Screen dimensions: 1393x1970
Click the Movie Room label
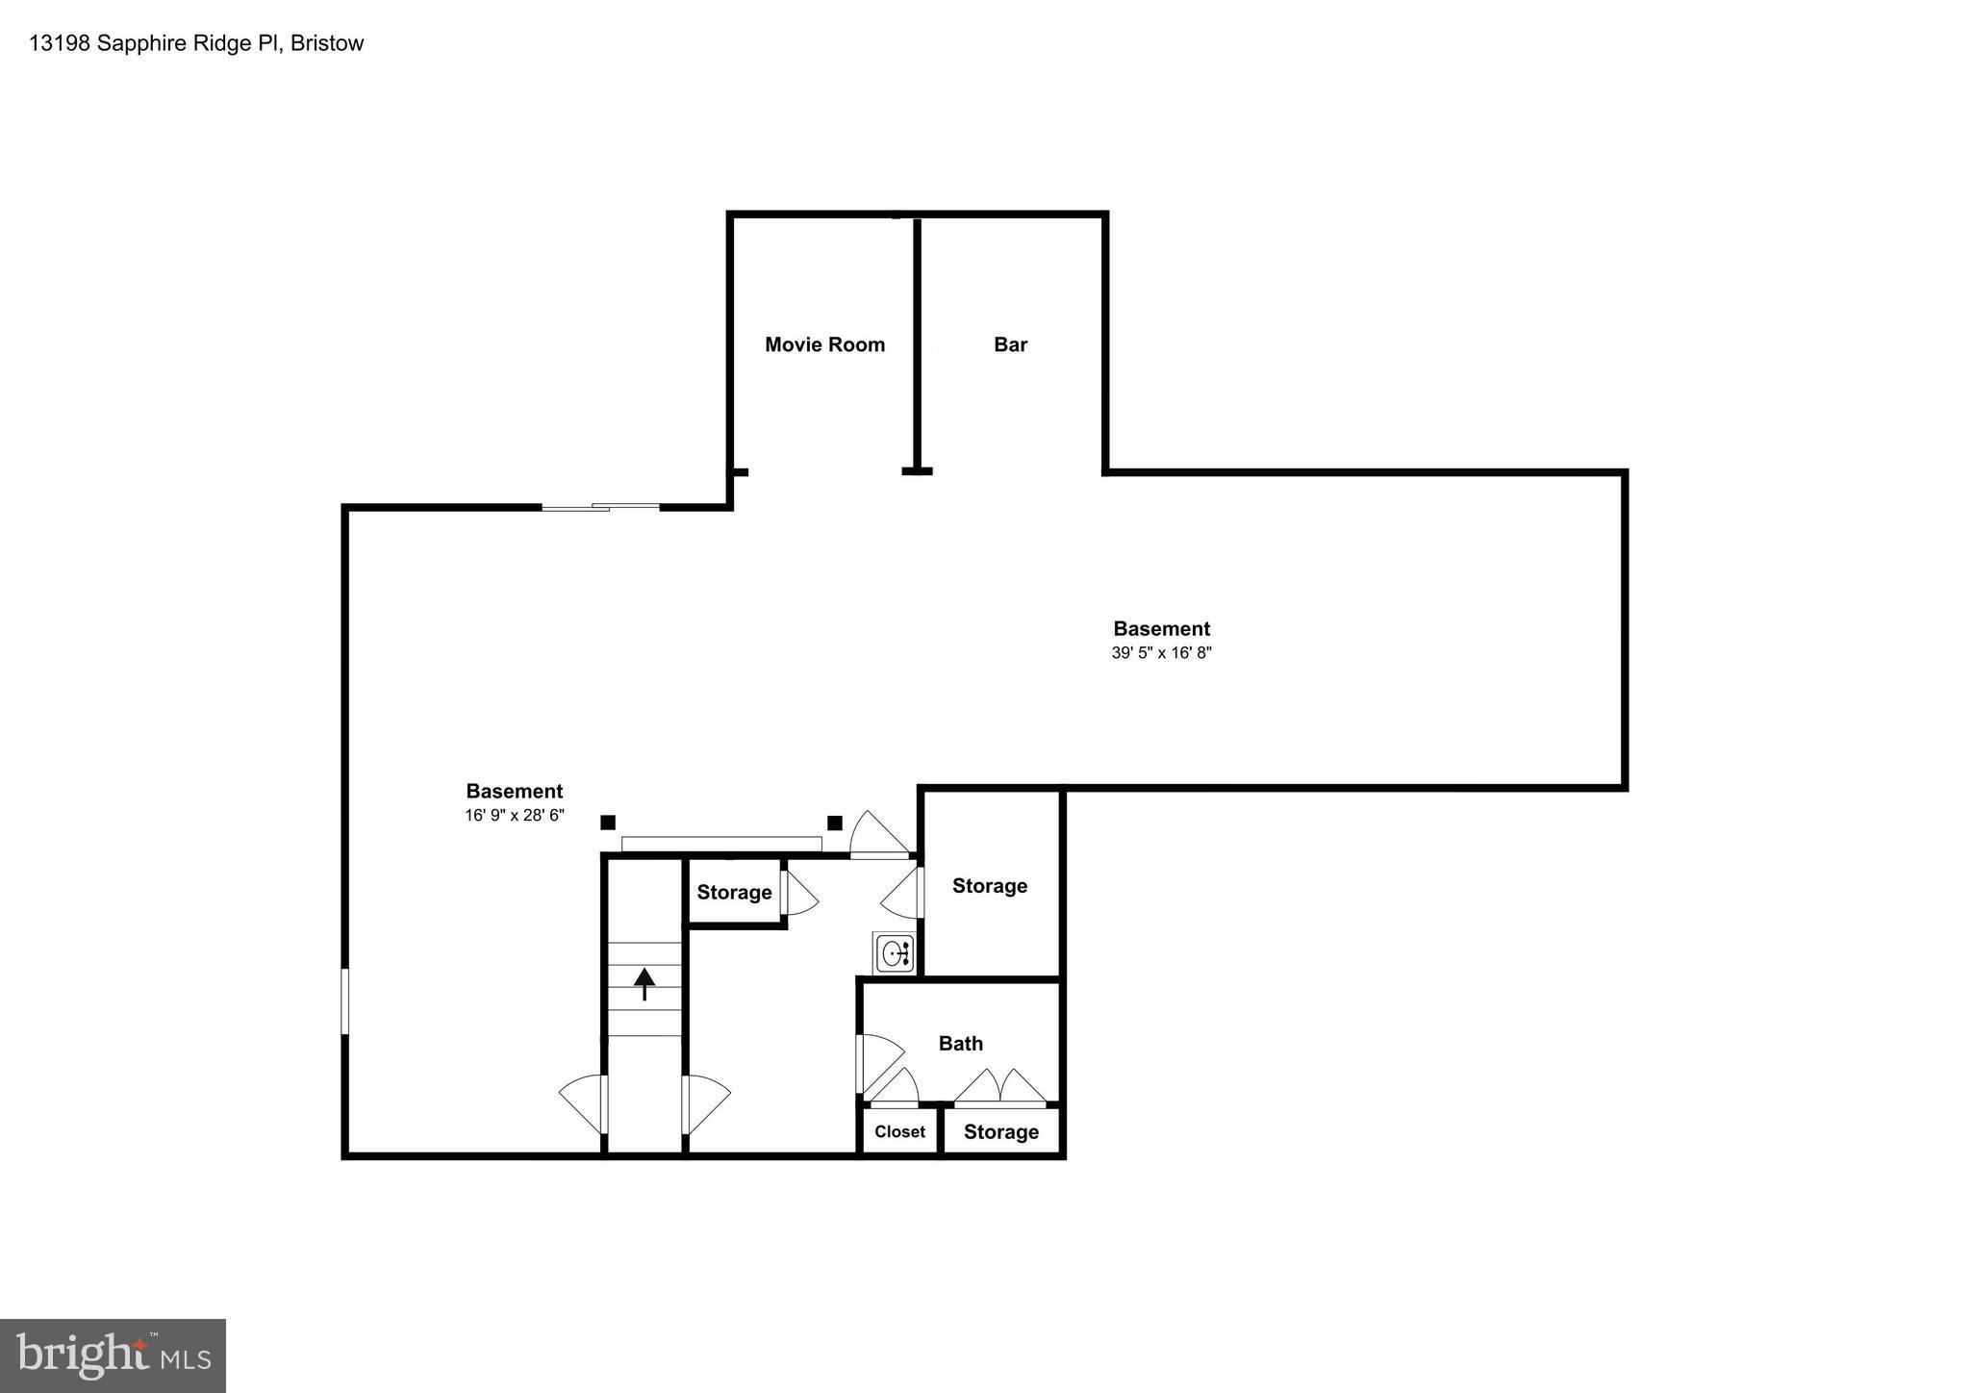pos(824,344)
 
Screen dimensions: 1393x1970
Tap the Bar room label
pos(1010,344)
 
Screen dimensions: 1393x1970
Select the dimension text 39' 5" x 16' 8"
pos(1161,653)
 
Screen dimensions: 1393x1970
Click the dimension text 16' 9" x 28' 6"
pos(514,816)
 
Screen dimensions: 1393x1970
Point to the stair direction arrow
pos(644,983)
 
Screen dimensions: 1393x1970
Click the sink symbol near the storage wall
pos(894,954)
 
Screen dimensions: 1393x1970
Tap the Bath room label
pos(960,1044)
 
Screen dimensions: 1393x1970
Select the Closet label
pos(899,1132)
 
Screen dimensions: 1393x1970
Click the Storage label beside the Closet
pos(1000,1132)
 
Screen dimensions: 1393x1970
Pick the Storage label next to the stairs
pos(734,893)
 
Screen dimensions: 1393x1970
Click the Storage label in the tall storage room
pos(989,886)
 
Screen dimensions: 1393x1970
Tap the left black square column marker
pos(608,823)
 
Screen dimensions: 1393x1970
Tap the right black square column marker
pos(835,823)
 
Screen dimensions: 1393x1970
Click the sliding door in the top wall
pos(600,506)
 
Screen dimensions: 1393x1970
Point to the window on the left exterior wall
pos(345,1001)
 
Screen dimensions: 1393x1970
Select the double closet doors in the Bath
pos(999,1088)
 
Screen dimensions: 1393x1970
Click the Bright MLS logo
pos(113,1355)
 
